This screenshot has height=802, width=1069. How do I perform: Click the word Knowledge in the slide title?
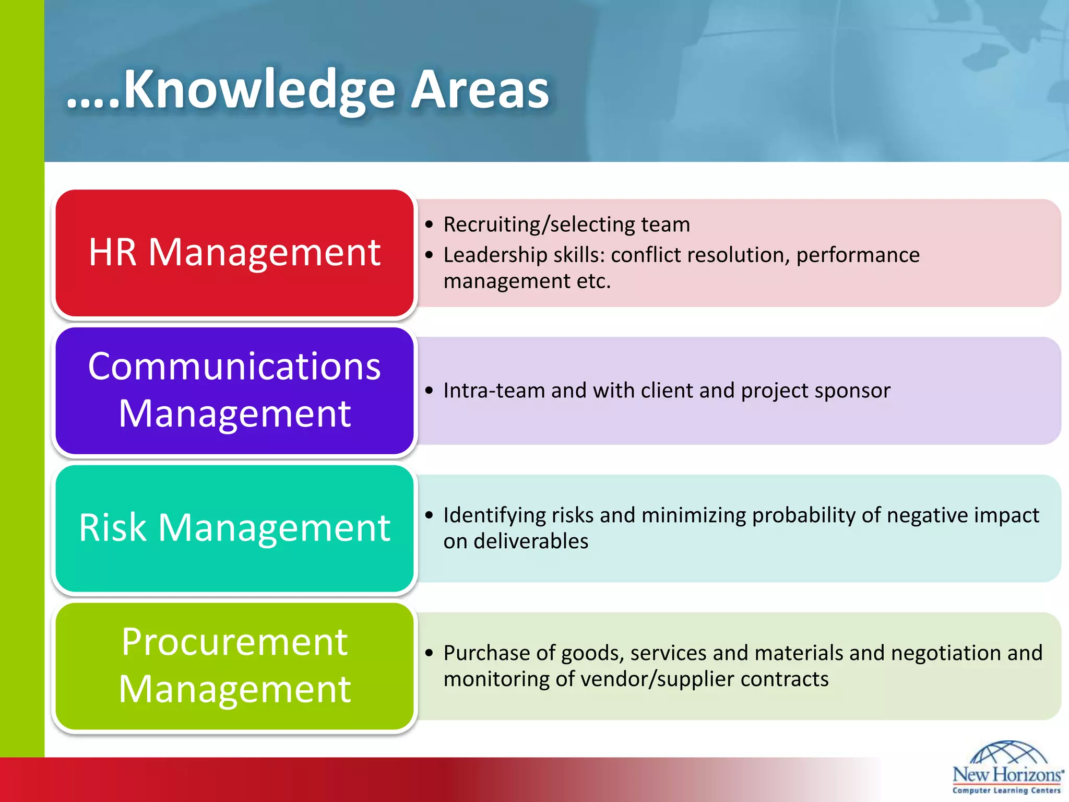(259, 90)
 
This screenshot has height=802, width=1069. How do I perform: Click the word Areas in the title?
(480, 90)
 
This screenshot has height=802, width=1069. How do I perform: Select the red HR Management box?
(234, 253)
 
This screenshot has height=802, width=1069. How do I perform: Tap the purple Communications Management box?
(234, 390)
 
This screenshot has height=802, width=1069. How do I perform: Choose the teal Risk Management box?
(234, 528)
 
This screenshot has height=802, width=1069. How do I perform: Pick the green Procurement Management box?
(234, 666)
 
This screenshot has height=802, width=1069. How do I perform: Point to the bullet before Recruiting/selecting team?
(429, 225)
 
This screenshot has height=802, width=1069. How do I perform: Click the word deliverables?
(531, 541)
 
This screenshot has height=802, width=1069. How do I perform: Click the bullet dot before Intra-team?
(429, 391)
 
